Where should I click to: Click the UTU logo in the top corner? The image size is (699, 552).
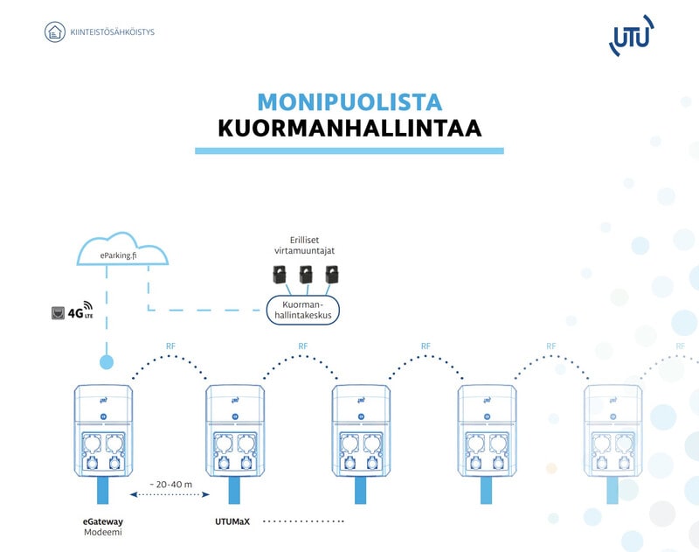tap(631, 36)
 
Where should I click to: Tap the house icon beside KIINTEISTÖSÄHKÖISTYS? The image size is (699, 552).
tap(55, 33)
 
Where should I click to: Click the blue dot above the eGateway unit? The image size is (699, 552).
tap(106, 360)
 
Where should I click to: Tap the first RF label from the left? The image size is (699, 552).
tap(171, 346)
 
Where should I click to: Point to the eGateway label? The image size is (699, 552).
tap(102, 521)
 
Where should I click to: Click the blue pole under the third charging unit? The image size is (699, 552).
tap(360, 490)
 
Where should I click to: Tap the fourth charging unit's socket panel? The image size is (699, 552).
tap(487, 451)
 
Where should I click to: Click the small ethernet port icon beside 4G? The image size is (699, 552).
tap(58, 311)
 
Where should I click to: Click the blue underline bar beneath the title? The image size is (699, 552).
tap(349, 151)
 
